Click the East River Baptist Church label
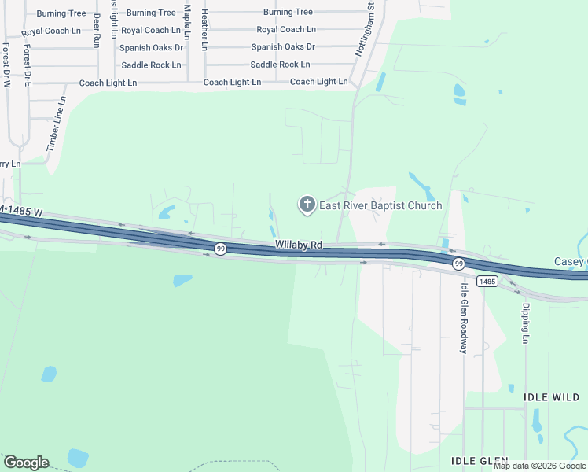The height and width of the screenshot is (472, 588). coord(380,205)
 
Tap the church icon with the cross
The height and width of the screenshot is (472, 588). coord(306,205)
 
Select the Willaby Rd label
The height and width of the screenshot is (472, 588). coord(299,245)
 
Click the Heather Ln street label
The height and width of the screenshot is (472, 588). coord(204,30)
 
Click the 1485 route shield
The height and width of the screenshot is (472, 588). coord(487,281)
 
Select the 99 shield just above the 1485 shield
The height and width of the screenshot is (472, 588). coord(458,264)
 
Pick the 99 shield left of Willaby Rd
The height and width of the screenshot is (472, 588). coord(221,249)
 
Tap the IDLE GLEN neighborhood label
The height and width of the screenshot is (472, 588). coord(480,460)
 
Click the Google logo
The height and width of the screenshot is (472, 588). coord(26,463)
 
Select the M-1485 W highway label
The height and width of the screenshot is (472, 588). coord(20,212)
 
